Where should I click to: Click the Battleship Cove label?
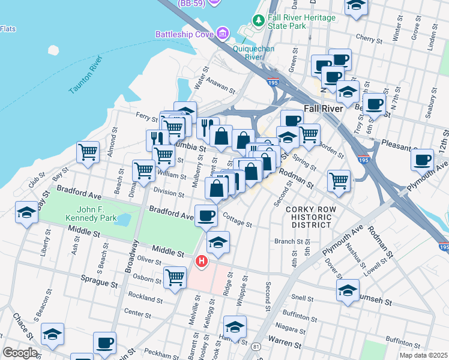pos(184,34)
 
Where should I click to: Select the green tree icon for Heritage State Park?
pos(259,22)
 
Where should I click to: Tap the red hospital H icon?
pos(202,262)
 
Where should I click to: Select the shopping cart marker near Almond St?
pos(88,151)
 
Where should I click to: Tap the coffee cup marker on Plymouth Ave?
pos(422,160)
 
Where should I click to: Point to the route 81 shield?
pos(256,346)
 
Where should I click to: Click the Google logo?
pos(20,353)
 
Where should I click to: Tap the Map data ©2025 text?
pos(424,355)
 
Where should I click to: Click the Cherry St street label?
pos(366,37)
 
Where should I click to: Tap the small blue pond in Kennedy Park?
pos(121,220)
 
